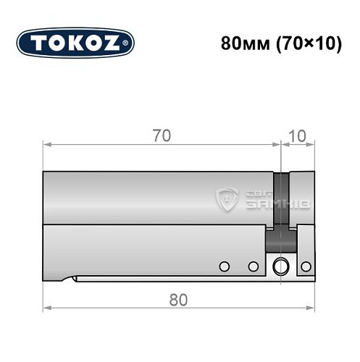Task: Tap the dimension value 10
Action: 297,135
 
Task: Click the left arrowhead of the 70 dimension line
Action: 46,144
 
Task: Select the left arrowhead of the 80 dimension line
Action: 46,307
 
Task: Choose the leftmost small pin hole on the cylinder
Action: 225,266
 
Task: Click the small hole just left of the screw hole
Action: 253,266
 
